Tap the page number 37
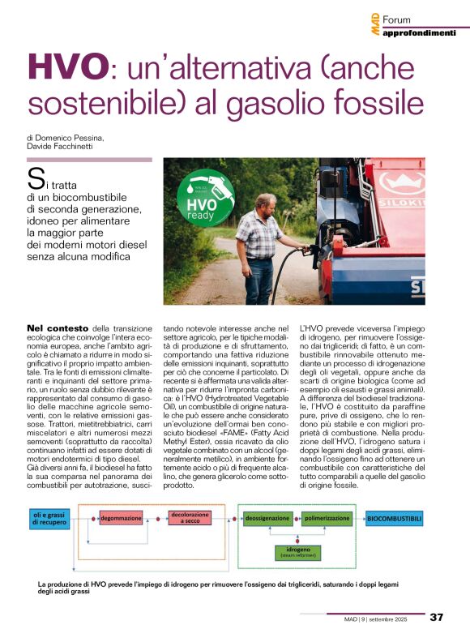436,618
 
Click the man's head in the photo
264,203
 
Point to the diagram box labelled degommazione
122,516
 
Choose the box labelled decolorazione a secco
191,516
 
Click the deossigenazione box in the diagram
267,516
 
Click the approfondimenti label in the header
419,32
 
